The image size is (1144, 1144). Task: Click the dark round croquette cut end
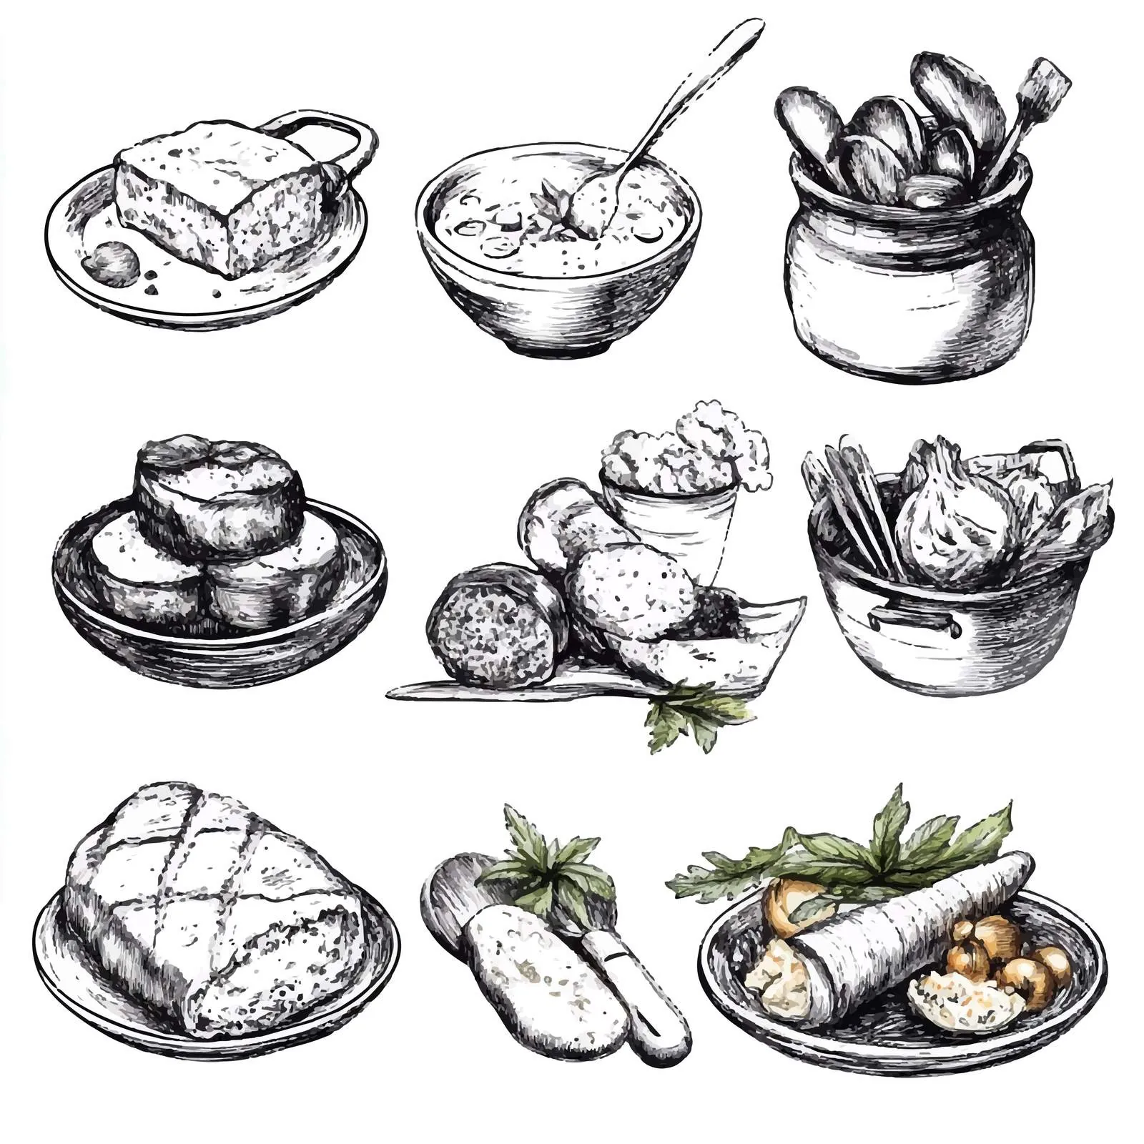click(x=493, y=629)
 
